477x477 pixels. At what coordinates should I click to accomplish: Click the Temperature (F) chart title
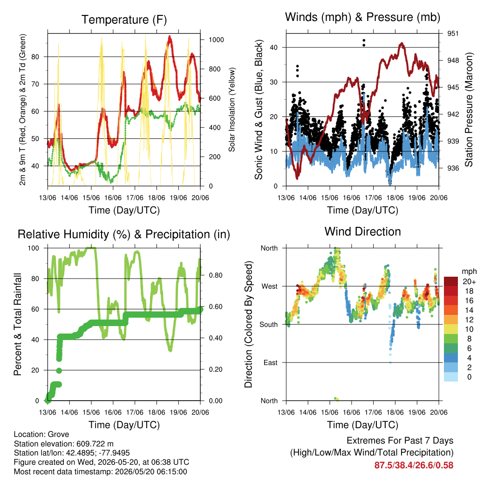pyautogui.click(x=124, y=20)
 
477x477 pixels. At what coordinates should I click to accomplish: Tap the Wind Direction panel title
pyautogui.click(x=362, y=232)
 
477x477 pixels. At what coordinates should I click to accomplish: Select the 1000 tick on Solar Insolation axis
pyautogui.click(x=216, y=40)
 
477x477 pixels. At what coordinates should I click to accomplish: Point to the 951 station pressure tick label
pyautogui.click(x=453, y=34)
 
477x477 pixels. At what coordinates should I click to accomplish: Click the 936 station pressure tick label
pyautogui.click(x=453, y=168)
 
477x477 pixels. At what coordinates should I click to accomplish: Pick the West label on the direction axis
pyautogui.click(x=270, y=286)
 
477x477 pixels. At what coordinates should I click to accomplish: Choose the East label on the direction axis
pyautogui.click(x=271, y=362)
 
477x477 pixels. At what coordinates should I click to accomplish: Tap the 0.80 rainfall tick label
pyautogui.click(x=216, y=275)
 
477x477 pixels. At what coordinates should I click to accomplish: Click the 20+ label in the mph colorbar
pyautogui.click(x=469, y=282)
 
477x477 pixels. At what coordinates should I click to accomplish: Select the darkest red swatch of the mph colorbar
pyautogui.click(x=451, y=281)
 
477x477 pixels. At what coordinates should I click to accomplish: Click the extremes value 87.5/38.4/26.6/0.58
pyautogui.click(x=414, y=465)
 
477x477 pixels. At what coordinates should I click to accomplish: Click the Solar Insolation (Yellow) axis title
pyautogui.click(x=232, y=109)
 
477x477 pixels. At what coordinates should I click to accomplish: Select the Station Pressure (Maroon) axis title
pyautogui.click(x=469, y=109)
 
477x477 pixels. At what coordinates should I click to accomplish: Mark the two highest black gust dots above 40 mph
pyautogui.click(x=364, y=43)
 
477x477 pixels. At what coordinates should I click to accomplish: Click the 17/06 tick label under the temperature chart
pyautogui.click(x=135, y=198)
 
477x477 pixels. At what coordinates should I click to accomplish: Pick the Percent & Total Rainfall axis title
pyautogui.click(x=18, y=324)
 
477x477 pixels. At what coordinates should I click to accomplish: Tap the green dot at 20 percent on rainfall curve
pyautogui.click(x=59, y=370)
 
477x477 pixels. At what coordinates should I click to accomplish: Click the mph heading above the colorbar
pyautogui.click(x=469, y=272)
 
